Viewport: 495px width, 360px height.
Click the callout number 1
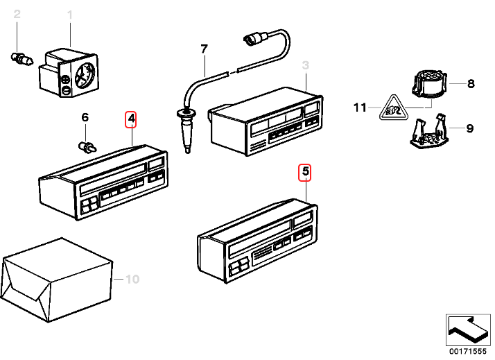(69, 15)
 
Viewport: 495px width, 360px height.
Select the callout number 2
(17, 15)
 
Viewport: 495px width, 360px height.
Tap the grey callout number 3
(304, 67)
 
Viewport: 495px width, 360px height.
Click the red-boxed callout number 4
(131, 119)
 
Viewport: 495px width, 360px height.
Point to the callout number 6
(85, 118)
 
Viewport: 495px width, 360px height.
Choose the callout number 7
(204, 49)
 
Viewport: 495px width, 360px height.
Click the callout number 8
(471, 85)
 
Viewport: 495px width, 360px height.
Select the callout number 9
(469, 128)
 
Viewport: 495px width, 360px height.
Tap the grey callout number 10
(132, 280)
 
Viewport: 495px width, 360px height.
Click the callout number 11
(358, 108)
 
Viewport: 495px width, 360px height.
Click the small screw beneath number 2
(22, 60)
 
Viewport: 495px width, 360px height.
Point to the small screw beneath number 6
(86, 146)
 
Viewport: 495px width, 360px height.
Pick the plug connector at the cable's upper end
(252, 37)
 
